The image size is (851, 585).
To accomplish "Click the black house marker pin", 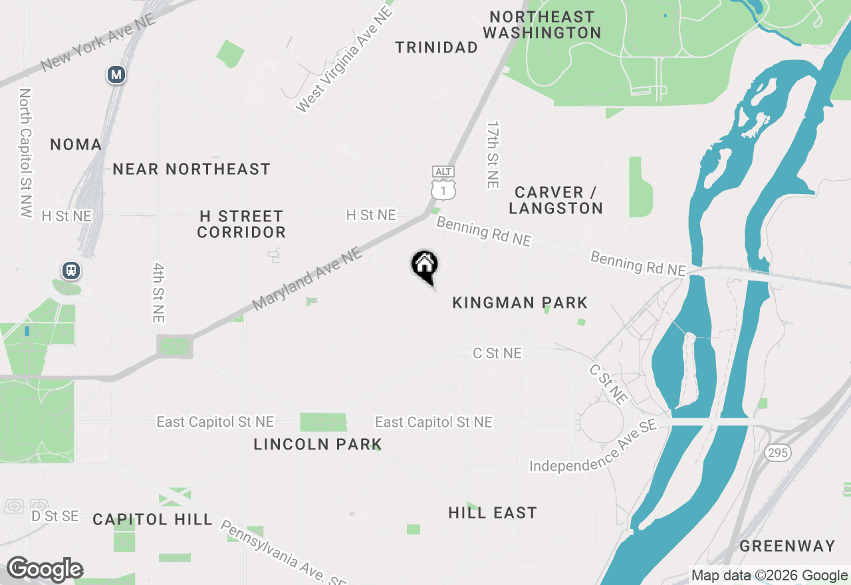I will pos(424,266).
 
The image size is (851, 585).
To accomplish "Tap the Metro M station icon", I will pos(116,75).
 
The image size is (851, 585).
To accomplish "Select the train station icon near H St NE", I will pos(70,271).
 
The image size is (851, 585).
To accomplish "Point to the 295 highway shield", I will pos(778,453).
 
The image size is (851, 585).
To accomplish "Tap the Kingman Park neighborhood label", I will pos(520,303).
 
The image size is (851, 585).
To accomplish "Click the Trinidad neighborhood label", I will pos(436,47).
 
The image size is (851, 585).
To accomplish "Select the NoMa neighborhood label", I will pos(76,144).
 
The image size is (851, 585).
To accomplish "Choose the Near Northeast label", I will pos(191,170).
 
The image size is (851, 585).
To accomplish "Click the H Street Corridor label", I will pos(241,224).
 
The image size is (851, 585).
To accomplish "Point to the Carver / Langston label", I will pos(556,200).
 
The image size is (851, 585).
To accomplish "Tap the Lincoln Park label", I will pos(318,444).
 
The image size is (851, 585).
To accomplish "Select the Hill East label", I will pos(492,513).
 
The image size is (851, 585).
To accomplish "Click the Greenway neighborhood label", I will pos(787,546).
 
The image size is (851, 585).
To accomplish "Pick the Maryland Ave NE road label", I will pos(306,279).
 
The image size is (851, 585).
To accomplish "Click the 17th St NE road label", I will pos(493,154).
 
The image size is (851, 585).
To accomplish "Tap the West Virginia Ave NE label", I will pos(344,60).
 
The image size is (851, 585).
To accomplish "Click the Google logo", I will pos(45,569).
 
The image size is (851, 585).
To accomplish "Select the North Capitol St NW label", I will pos(25,153).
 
